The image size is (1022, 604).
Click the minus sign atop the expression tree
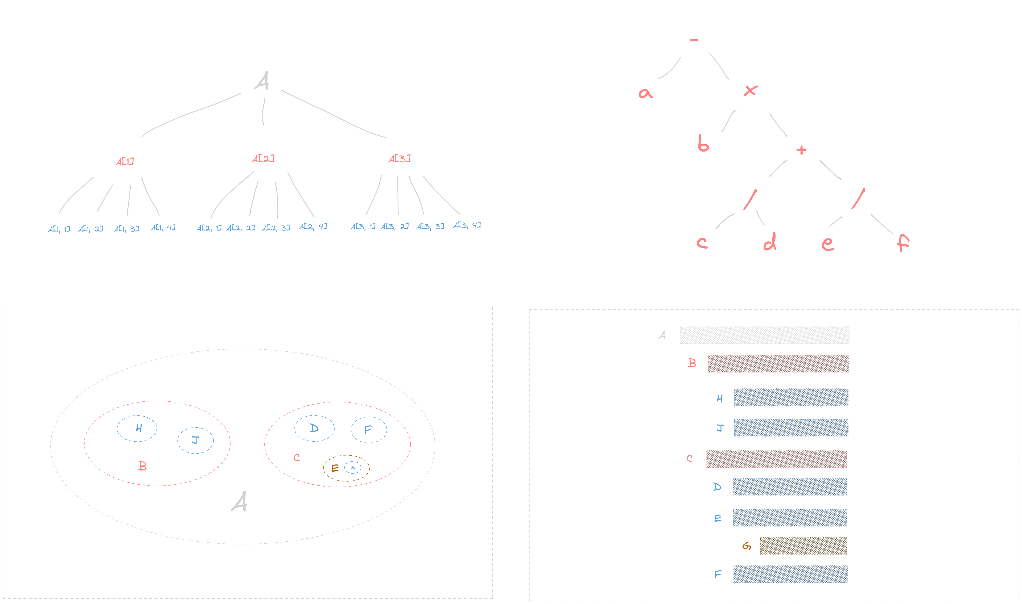pos(694,40)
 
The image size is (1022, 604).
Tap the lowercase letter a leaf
pos(645,93)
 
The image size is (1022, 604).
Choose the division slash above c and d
pos(749,199)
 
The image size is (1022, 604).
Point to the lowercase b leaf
pos(703,143)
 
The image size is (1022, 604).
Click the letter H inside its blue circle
pos(138,428)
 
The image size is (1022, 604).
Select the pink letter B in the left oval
pos(142,465)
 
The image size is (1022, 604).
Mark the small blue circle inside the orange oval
pos(352,468)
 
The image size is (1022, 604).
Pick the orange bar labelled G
pos(803,546)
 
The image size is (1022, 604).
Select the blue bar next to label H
pos(791,397)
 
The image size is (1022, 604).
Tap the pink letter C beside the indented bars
pos(689,458)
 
